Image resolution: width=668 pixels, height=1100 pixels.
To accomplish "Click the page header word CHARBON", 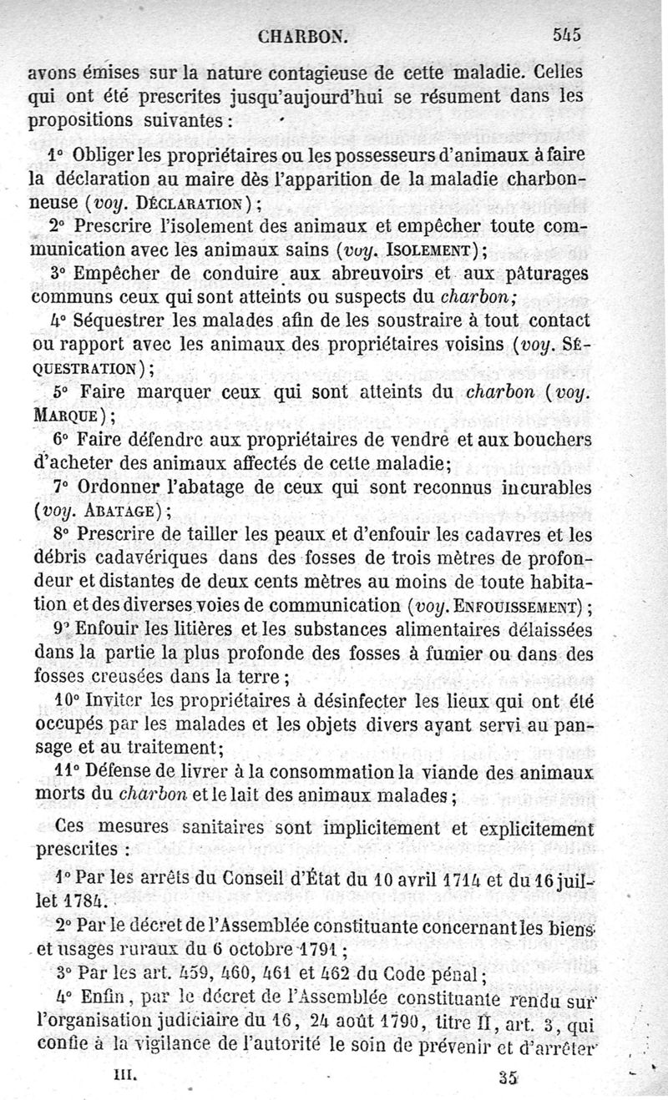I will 303,37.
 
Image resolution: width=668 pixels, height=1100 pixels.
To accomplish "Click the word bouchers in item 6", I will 548,438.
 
